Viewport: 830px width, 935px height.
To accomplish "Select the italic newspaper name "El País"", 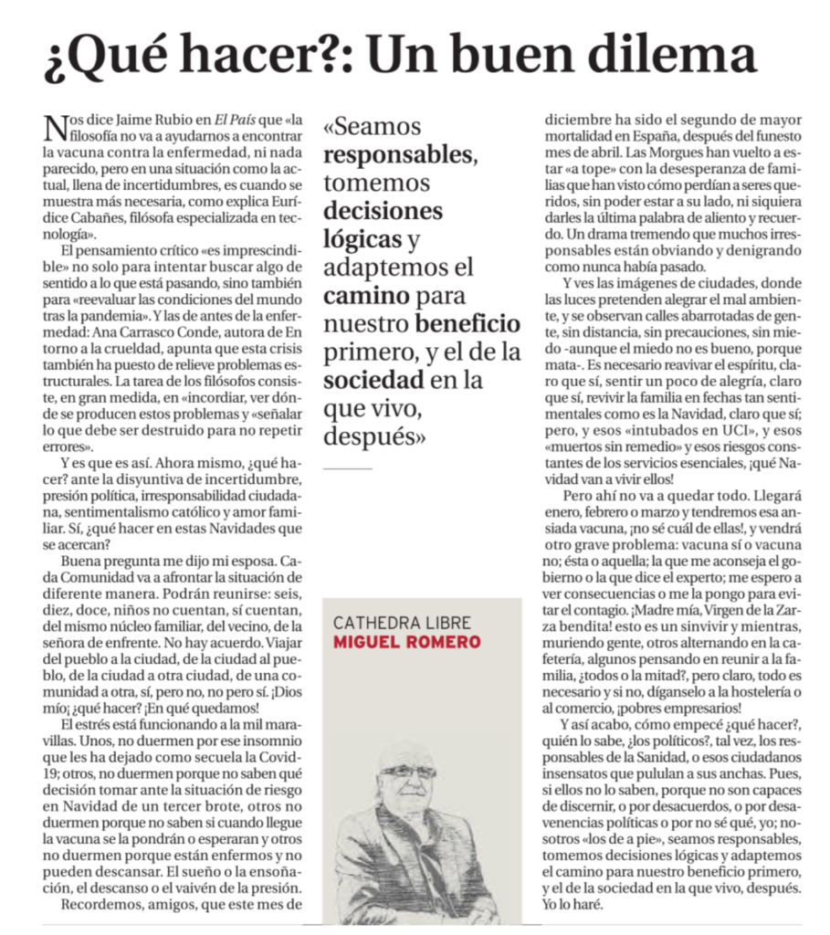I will [x=234, y=119].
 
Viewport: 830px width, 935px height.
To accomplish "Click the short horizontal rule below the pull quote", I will [x=348, y=467].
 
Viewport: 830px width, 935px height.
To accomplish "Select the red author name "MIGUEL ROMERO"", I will [x=405, y=644].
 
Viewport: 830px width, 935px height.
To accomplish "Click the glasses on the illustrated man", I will [x=408, y=772].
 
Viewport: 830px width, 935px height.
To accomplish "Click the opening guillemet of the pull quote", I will [x=331, y=128].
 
